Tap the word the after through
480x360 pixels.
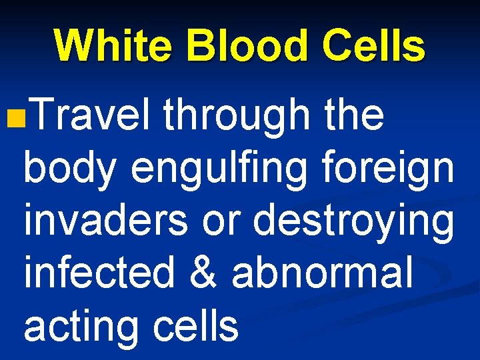(353, 115)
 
